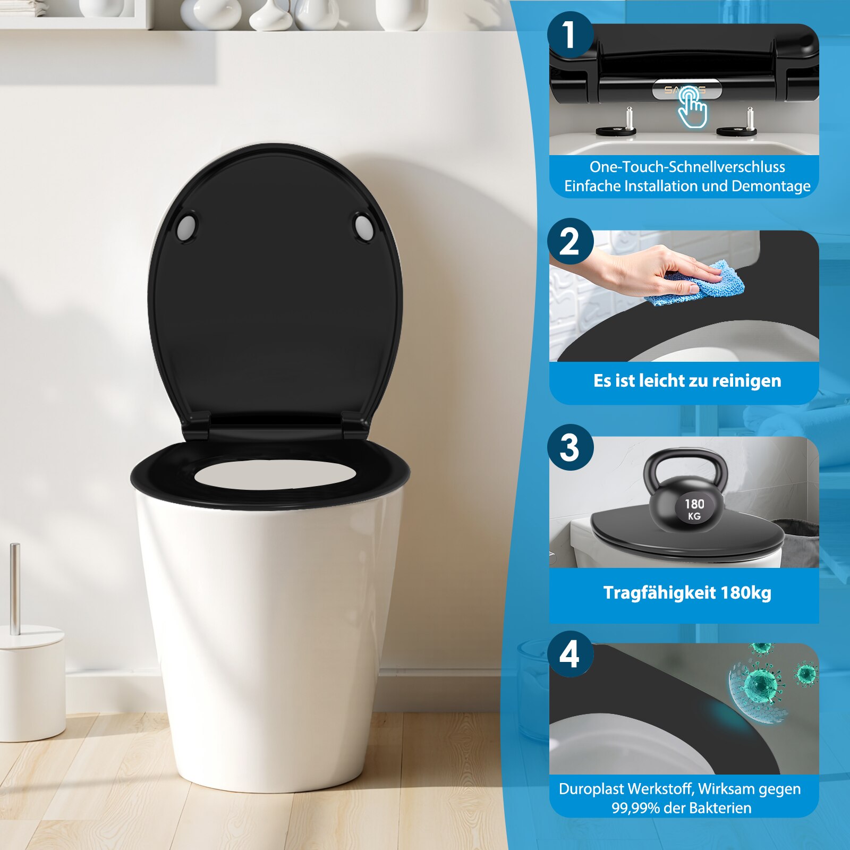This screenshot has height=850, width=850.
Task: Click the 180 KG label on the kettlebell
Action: click(x=694, y=509)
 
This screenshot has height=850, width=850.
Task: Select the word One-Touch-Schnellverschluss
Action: click(x=687, y=167)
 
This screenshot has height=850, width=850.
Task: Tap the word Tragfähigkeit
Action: click(x=660, y=593)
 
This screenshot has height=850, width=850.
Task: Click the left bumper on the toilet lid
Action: click(x=186, y=227)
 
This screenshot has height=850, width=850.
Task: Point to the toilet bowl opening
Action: click(x=275, y=474)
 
